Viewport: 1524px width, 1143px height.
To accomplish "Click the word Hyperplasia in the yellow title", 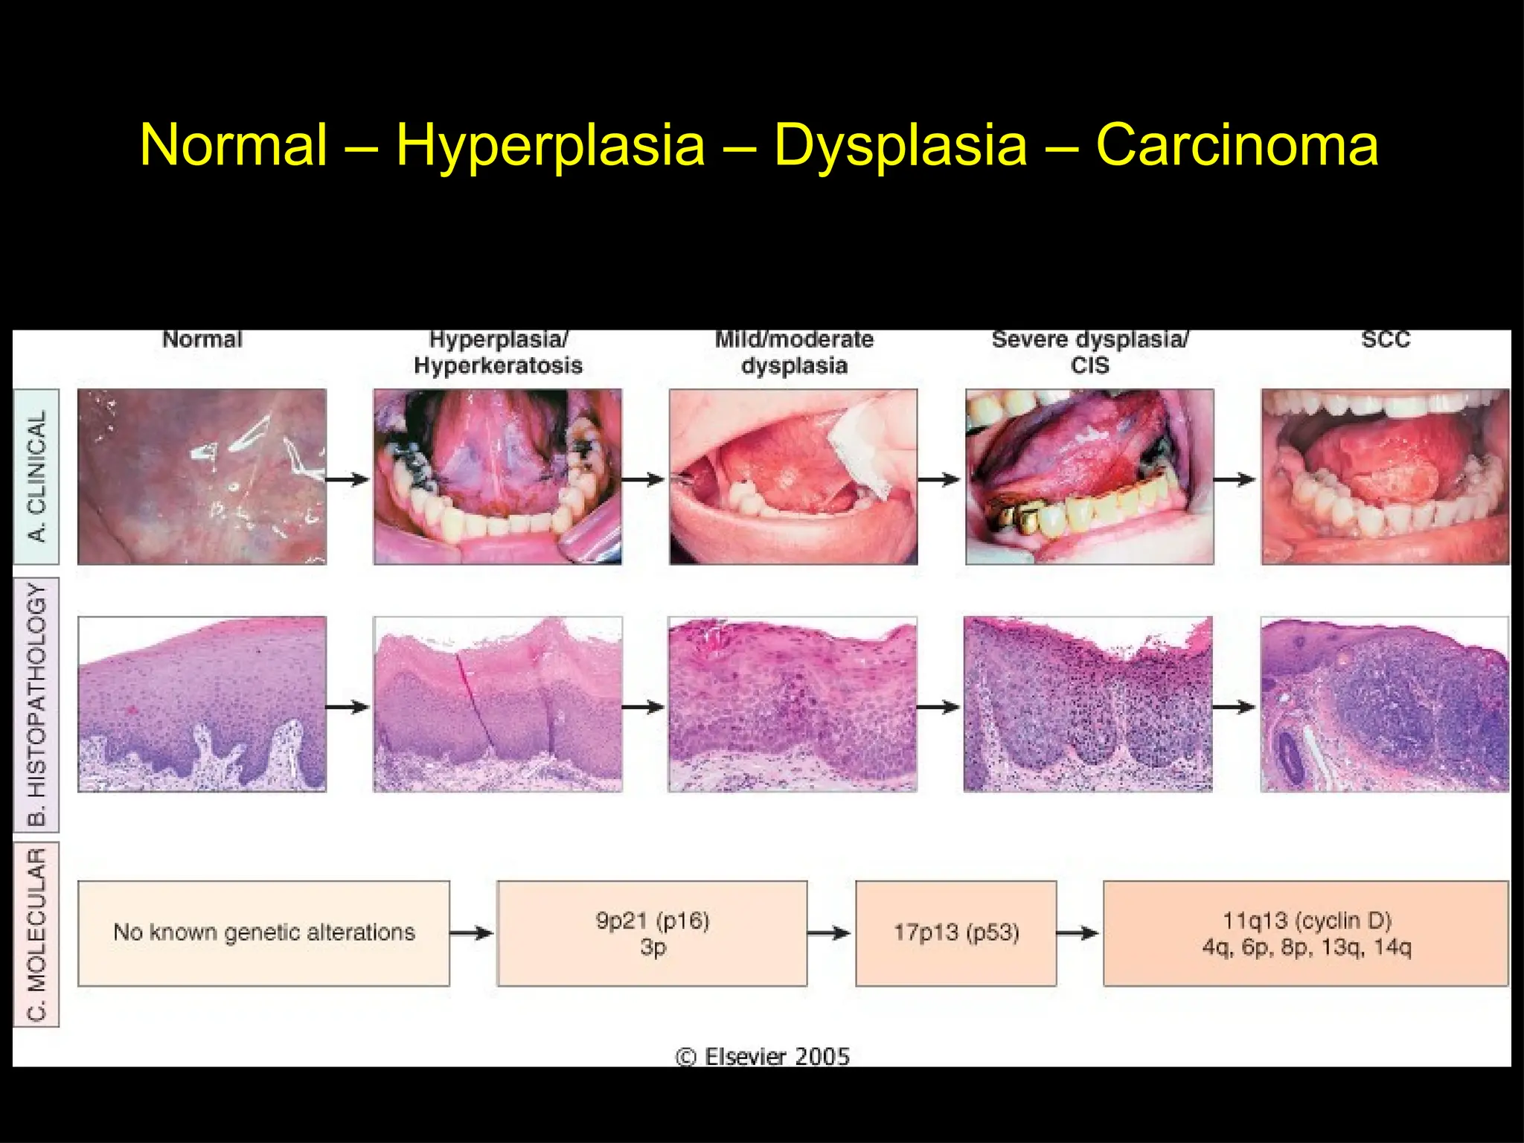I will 550,145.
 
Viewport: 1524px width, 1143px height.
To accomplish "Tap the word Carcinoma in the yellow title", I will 1237,145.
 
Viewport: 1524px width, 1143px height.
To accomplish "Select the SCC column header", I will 1386,339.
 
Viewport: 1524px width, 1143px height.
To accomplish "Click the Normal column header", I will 202,339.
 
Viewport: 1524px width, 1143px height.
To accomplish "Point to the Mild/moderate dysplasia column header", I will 794,352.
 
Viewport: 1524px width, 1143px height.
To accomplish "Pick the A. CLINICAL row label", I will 36,476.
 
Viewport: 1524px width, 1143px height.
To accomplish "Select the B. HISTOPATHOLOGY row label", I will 36,704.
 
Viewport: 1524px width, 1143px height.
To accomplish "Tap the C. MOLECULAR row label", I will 36,934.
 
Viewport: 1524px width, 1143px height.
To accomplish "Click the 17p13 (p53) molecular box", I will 956,933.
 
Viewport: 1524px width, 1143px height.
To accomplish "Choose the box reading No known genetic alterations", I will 264,933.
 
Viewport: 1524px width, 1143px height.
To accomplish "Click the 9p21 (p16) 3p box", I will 652,933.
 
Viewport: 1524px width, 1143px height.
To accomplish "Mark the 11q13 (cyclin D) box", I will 1306,933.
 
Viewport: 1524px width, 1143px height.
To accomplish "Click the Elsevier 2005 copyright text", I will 763,1056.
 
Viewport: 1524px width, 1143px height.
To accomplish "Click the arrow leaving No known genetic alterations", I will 472,933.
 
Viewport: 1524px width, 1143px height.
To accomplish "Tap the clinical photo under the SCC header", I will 1386,476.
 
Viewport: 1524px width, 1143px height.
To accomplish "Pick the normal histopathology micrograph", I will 202,704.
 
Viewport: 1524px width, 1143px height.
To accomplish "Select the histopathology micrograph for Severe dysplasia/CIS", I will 1088,704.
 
